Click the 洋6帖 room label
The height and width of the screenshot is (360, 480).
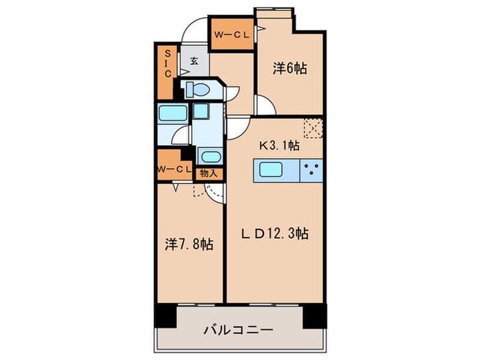pyautogui.click(x=291, y=69)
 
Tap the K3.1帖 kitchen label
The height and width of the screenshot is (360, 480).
pyautogui.click(x=278, y=145)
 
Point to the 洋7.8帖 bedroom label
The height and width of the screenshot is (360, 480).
pyautogui.click(x=189, y=243)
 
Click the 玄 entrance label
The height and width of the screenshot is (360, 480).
pyautogui.click(x=194, y=61)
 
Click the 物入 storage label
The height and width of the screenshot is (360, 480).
pyautogui.click(x=208, y=173)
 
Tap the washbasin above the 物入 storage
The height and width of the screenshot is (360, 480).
pyautogui.click(x=208, y=155)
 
